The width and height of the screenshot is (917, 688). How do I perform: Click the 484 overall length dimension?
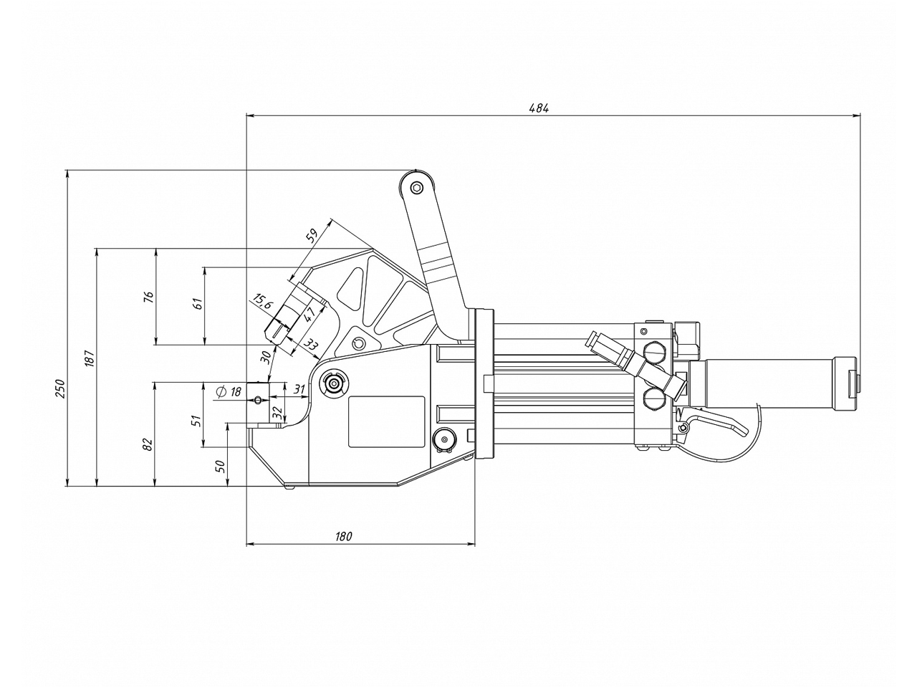point(539,108)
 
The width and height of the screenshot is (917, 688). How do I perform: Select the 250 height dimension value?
point(61,388)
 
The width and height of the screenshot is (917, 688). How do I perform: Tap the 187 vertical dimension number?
point(90,358)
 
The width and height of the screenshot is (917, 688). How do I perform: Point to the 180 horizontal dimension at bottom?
point(343,537)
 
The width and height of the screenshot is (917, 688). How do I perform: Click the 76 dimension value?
point(148,296)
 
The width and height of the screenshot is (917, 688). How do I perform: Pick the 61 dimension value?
point(198,303)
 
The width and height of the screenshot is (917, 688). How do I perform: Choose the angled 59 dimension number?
point(312,236)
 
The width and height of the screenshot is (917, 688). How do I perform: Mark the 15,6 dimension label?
point(263,302)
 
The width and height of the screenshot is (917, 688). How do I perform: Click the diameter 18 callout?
point(229,391)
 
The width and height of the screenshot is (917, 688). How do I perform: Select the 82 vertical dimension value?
point(148,444)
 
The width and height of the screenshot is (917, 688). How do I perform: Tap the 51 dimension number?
point(197,421)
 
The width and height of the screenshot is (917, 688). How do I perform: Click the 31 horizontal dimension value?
point(299,389)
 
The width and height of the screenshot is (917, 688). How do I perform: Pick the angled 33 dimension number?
point(310,345)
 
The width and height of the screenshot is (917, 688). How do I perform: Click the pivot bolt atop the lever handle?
point(416,187)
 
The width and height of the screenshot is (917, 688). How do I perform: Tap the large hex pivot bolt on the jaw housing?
point(333,384)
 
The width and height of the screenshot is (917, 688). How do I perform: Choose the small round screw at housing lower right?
point(444,439)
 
